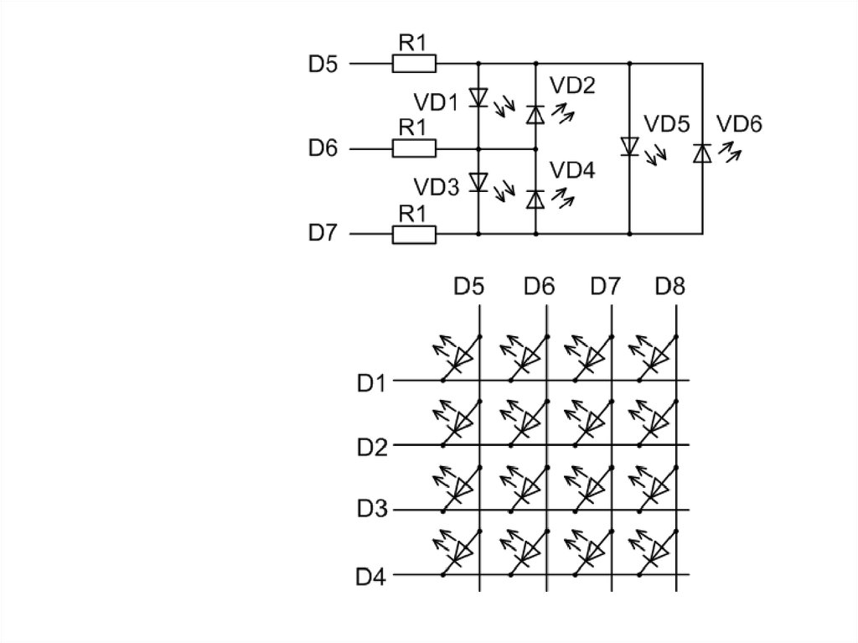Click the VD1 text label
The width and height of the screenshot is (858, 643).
coord(437,102)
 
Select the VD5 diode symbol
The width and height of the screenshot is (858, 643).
coord(629,147)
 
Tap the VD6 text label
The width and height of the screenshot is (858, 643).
coord(740,125)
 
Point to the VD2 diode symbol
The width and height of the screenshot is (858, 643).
coord(535,115)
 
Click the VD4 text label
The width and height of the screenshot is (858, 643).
coord(572,170)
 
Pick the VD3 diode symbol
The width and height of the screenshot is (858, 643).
coord(478,181)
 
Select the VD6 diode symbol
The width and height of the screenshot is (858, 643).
coord(702,153)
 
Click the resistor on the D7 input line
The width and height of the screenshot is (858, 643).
coord(414,235)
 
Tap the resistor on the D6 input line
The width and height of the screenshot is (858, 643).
coord(414,149)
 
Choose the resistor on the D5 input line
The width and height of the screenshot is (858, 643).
coord(414,63)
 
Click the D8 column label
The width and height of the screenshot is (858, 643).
coord(670,287)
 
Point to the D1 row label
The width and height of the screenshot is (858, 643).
coord(371,384)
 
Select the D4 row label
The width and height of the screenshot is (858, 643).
coord(371,578)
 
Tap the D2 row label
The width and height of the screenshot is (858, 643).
coord(371,447)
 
